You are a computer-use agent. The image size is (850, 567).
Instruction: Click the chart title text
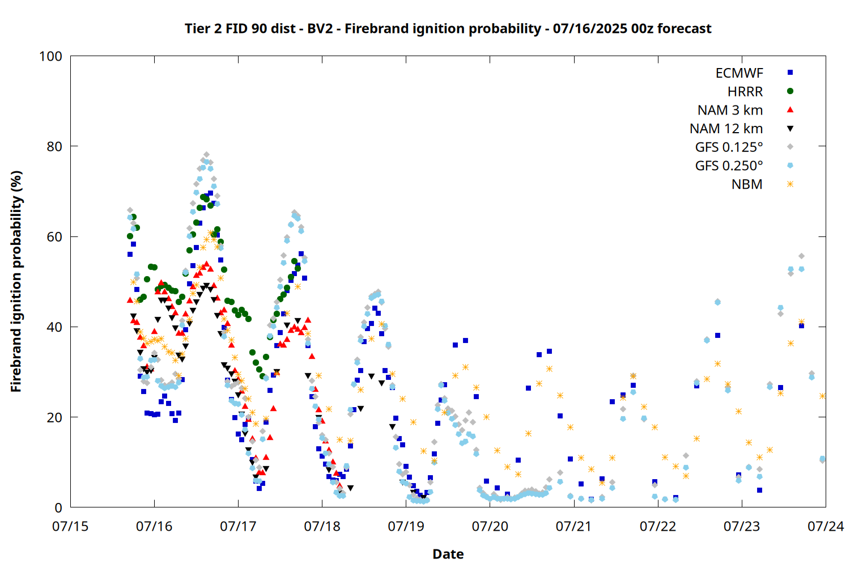click(x=448, y=28)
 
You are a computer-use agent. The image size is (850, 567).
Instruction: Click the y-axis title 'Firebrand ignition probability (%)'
click(x=16, y=281)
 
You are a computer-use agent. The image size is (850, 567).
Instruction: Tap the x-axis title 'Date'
click(x=448, y=554)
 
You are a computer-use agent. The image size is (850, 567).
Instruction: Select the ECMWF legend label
click(x=739, y=73)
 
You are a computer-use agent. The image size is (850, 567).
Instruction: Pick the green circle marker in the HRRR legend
click(x=790, y=91)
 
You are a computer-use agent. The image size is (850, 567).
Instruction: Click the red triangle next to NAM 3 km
click(x=790, y=110)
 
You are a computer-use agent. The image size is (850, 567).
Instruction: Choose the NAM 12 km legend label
click(x=726, y=129)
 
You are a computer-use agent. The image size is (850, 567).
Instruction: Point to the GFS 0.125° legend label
click(x=729, y=147)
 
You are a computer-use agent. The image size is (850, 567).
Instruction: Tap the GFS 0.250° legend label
click(x=729, y=166)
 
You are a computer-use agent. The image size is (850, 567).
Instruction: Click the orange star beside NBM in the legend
click(x=790, y=184)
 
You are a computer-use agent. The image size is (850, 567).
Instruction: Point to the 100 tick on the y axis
click(x=50, y=56)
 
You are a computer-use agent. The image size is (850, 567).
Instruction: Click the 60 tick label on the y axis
click(x=54, y=236)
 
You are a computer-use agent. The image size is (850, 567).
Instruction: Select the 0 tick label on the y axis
click(x=58, y=507)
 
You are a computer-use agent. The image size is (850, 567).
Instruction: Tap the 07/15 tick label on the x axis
click(x=70, y=526)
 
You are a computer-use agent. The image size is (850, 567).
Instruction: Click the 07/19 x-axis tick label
click(x=406, y=526)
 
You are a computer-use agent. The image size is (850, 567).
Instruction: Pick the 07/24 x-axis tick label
click(x=826, y=526)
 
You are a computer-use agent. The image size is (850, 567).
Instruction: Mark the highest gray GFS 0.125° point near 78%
click(x=206, y=155)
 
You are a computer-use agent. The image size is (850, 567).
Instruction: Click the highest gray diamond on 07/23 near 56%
click(x=801, y=256)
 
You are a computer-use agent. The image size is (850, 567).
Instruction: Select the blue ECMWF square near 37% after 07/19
click(x=465, y=340)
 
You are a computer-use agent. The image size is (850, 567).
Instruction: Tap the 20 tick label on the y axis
click(x=54, y=417)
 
